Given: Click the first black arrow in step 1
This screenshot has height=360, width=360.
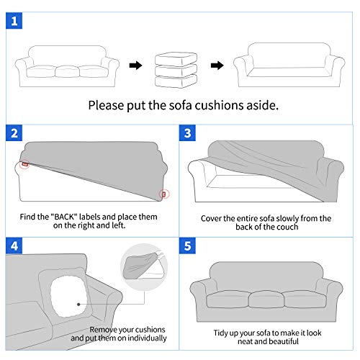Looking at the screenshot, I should (x=135, y=66).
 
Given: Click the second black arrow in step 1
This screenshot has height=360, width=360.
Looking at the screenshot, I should (x=217, y=66).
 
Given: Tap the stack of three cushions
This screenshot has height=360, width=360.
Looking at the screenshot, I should (x=176, y=66).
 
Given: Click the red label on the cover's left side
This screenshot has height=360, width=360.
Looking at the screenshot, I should (x=25, y=165).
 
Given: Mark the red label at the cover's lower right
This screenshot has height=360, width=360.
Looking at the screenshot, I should (x=163, y=193).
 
